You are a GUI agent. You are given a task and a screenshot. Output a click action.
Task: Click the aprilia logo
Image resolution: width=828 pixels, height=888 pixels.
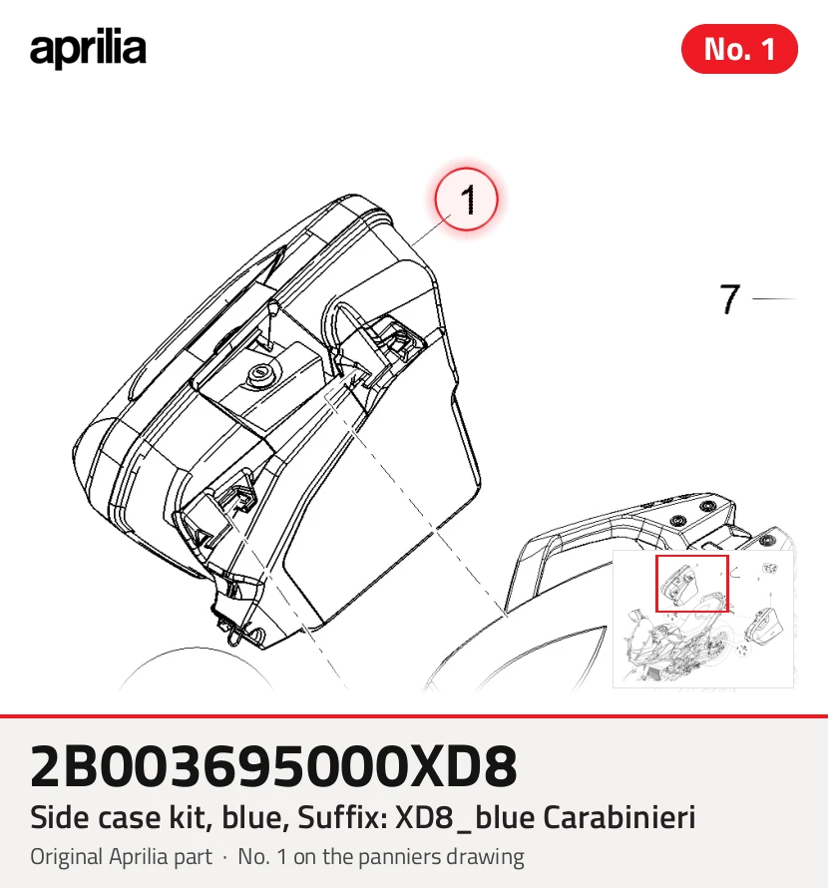(x=88, y=49)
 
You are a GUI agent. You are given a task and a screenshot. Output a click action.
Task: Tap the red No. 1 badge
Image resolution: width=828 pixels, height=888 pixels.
(x=739, y=49)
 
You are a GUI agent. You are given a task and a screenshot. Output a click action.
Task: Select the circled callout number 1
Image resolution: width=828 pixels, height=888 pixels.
(x=466, y=200)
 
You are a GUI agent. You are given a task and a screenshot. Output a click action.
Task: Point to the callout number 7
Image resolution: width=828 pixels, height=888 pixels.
(x=729, y=298)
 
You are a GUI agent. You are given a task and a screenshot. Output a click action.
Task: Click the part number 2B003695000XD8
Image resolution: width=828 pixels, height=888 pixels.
(x=273, y=766)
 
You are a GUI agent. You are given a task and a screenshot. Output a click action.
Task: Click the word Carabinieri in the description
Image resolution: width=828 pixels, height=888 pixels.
(x=620, y=817)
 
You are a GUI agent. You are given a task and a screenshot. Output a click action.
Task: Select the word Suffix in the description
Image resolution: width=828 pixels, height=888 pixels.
(x=341, y=817)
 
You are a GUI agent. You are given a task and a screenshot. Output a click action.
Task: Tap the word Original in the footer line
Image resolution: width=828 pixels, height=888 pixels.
(x=66, y=857)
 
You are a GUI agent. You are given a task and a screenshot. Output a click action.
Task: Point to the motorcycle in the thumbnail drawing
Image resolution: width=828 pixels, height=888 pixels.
(x=674, y=646)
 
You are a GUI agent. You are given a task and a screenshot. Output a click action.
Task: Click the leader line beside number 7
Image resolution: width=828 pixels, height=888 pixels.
(x=775, y=298)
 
